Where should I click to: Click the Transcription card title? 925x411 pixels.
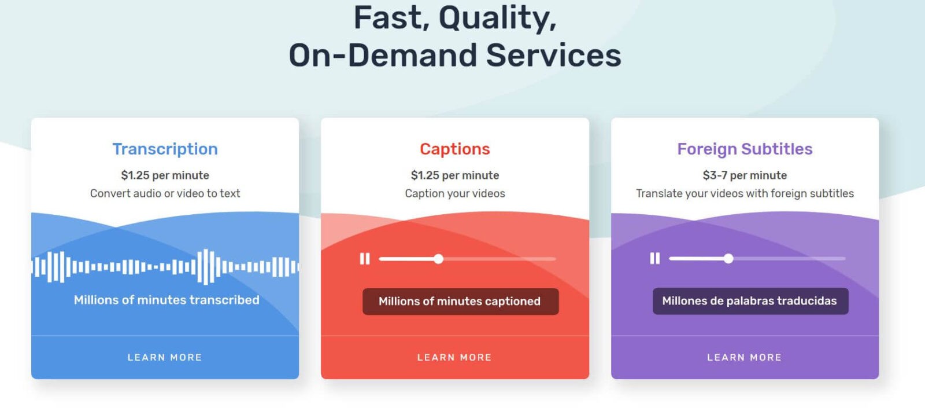(165, 149)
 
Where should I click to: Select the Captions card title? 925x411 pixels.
(454, 149)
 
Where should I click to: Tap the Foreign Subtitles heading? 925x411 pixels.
(745, 149)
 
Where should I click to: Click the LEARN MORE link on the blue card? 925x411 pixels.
(165, 357)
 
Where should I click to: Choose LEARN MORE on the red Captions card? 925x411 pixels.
(454, 357)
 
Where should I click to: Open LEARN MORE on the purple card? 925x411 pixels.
(745, 357)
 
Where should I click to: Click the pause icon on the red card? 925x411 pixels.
(365, 259)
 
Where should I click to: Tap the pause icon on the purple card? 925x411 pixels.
(655, 258)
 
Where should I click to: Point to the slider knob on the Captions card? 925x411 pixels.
(439, 259)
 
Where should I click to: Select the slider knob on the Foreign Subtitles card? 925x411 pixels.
(728, 258)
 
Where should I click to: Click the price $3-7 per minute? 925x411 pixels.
(745, 175)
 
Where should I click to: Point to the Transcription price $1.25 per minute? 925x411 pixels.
(165, 175)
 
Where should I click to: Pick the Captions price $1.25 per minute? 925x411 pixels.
(454, 175)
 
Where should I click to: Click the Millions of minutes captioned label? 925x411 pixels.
(460, 302)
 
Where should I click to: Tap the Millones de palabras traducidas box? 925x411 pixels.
(750, 301)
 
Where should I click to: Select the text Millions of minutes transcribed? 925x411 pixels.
(166, 300)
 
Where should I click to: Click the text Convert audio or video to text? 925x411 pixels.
(165, 193)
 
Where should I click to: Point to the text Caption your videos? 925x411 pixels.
(454, 193)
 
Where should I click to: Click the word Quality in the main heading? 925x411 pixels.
(497, 19)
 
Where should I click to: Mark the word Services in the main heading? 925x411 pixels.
(553, 56)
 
